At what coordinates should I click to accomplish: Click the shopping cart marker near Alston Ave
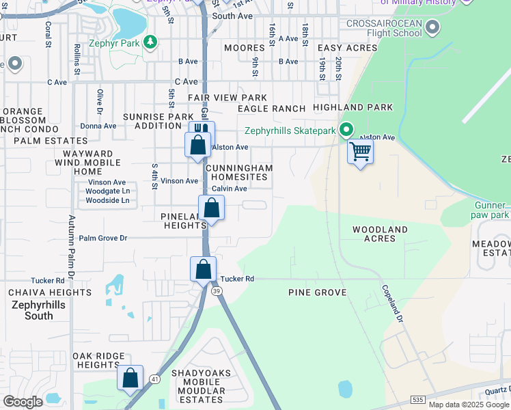[360, 151]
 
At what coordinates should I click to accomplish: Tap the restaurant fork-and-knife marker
[202, 131]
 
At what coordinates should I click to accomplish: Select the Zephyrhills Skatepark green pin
[347, 129]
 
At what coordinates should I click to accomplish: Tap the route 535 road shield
[418, 398]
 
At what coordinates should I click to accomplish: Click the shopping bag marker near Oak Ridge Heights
[130, 378]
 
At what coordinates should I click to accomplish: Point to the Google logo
[23, 402]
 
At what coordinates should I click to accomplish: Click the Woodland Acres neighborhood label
[380, 234]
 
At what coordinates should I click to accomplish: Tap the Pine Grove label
[317, 292]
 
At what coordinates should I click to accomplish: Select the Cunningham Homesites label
[238, 172]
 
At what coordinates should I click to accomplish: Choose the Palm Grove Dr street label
[103, 238]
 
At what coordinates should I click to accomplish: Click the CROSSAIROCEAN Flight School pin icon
[432, 28]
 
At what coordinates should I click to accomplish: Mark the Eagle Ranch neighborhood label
[271, 109]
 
